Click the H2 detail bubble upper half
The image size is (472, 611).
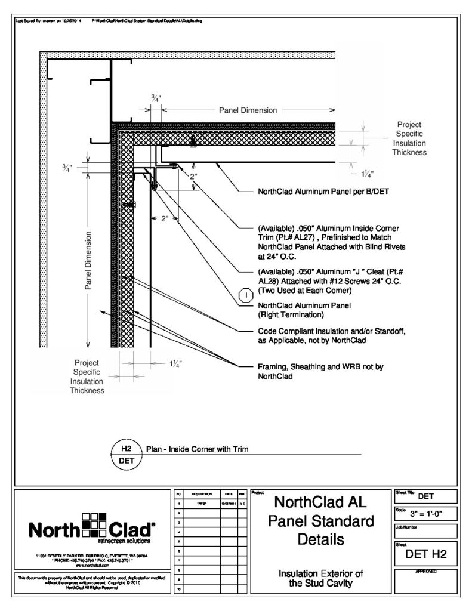pyautogui.click(x=126, y=448)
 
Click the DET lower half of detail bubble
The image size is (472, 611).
pyautogui.click(x=126, y=461)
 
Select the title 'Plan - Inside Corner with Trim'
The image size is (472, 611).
pyautogui.click(x=196, y=449)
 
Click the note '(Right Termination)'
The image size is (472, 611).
pyautogui.click(x=290, y=313)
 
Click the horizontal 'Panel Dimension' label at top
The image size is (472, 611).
pyautogui.click(x=248, y=110)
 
